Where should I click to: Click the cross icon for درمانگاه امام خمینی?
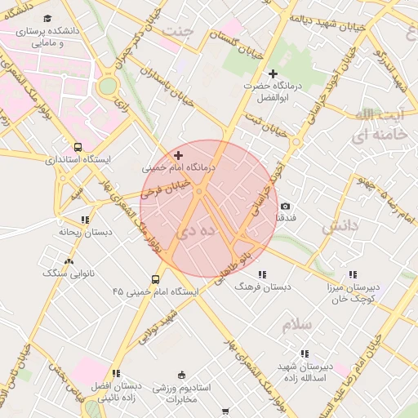(x=179, y=154)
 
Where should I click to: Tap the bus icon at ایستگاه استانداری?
(x=78, y=148)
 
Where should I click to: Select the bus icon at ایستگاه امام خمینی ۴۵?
(x=155, y=278)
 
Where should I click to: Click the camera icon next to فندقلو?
(x=285, y=207)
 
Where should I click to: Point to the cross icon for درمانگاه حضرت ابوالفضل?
(x=273, y=74)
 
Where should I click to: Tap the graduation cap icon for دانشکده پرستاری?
(x=48, y=18)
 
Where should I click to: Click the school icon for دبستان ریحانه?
(x=85, y=220)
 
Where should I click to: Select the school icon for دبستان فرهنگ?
(x=262, y=274)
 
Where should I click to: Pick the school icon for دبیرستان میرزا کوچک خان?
(x=352, y=274)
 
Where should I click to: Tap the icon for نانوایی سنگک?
(x=68, y=261)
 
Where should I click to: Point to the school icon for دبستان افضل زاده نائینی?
(x=116, y=373)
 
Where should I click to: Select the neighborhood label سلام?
(x=297, y=325)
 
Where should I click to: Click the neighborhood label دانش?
(x=340, y=228)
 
